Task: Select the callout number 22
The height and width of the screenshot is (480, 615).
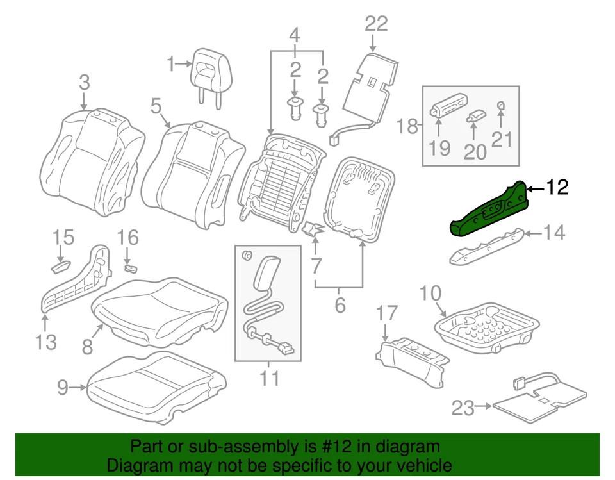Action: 376,24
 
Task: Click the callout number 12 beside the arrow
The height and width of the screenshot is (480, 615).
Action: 557,188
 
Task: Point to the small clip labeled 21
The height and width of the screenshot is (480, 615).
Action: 502,106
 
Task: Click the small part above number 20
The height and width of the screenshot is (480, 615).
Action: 475,115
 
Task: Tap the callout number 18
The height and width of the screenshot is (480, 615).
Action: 407,126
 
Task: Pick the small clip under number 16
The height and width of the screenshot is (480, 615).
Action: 130,267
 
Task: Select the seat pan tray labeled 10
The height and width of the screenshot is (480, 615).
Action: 487,326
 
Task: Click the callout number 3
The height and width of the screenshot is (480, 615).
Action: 85,83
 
